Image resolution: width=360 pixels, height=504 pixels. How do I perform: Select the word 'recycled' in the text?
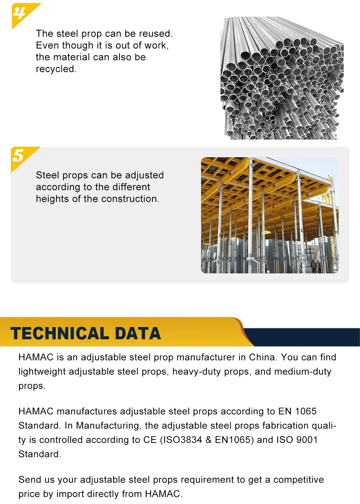(56, 69)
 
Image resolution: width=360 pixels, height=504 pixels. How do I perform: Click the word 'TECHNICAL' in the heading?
(59, 334)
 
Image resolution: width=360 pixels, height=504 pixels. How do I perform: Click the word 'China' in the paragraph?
(262, 357)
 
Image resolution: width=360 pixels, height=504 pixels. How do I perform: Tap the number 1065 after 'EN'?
(306, 411)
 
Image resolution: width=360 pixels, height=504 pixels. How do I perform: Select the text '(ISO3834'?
(180, 440)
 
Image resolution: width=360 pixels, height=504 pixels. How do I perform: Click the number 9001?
(307, 440)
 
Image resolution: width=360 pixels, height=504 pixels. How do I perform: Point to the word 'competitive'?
(299, 480)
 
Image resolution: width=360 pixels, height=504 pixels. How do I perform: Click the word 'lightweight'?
(42, 372)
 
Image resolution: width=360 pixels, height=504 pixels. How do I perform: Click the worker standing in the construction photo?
(314, 266)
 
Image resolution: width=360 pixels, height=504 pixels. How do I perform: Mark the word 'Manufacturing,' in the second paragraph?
(109, 426)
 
